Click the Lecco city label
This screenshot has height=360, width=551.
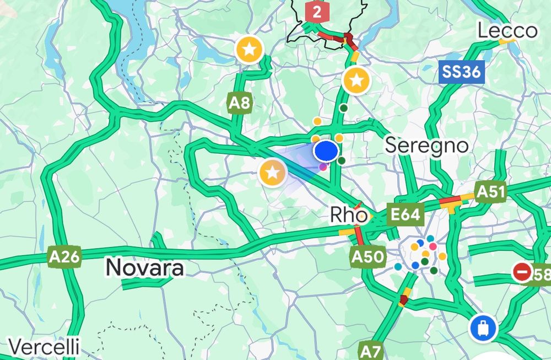507,30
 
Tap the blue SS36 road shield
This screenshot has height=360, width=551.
462,72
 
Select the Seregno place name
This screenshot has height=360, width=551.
426,146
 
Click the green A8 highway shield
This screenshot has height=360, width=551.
240,103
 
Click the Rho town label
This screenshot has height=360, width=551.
348,215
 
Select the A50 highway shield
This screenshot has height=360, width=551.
366,256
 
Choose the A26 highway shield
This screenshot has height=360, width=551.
64,257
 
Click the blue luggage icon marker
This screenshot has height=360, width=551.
483,329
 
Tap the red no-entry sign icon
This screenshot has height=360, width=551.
521,272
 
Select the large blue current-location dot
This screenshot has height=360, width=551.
326,151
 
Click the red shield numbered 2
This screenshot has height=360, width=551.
316,12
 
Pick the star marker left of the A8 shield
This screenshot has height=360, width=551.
250,50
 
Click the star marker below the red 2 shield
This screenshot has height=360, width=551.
356,81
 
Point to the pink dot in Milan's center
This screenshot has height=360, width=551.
433,246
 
